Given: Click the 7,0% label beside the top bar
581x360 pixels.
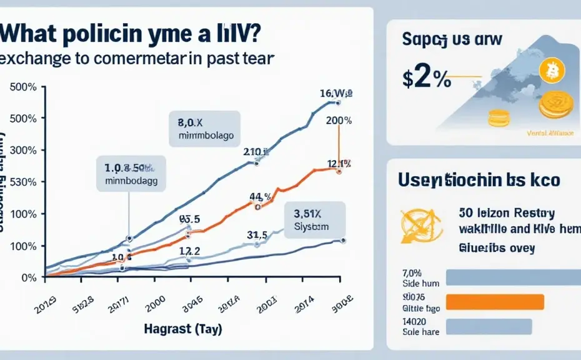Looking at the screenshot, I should coord(413,273).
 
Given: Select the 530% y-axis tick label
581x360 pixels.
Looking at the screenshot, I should coord(24,182).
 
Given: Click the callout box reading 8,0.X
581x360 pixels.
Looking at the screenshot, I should coord(204,128).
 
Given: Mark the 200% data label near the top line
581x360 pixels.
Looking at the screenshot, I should coord(339,121).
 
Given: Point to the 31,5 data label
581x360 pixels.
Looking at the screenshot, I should coord(257,235).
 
